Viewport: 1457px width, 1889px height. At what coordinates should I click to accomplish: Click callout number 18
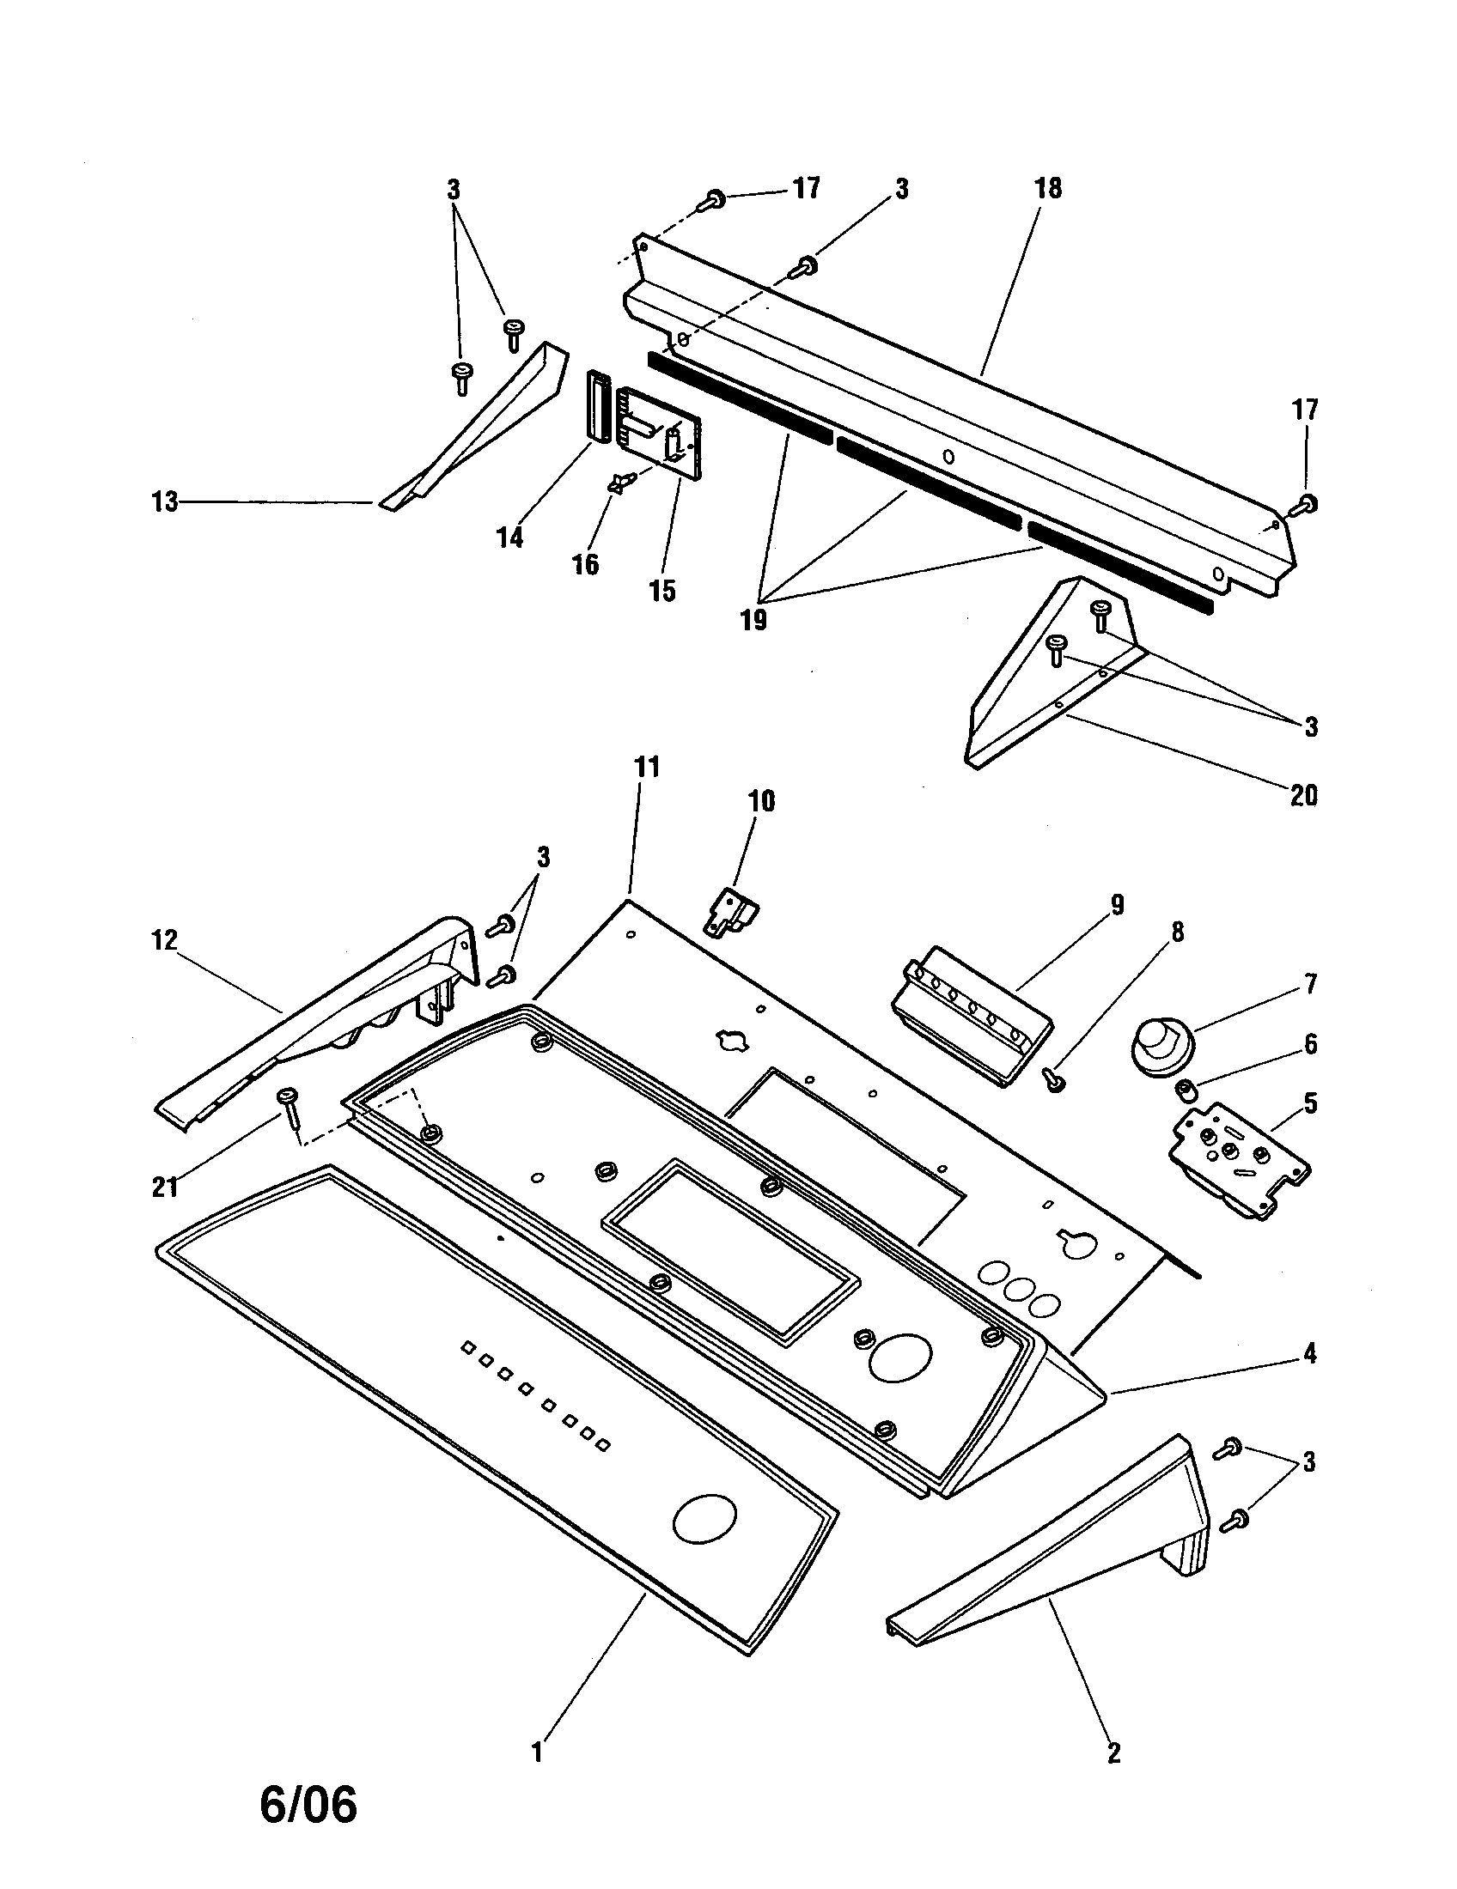point(1048,189)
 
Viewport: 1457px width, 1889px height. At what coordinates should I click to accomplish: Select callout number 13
point(164,501)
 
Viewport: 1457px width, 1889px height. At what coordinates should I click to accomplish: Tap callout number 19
point(753,620)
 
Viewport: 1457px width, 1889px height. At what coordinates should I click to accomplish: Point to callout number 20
point(1303,795)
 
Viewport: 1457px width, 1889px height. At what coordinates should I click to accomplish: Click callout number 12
point(164,939)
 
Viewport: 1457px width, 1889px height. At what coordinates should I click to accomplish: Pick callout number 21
point(164,1187)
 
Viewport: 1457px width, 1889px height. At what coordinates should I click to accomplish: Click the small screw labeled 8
point(1054,1080)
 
